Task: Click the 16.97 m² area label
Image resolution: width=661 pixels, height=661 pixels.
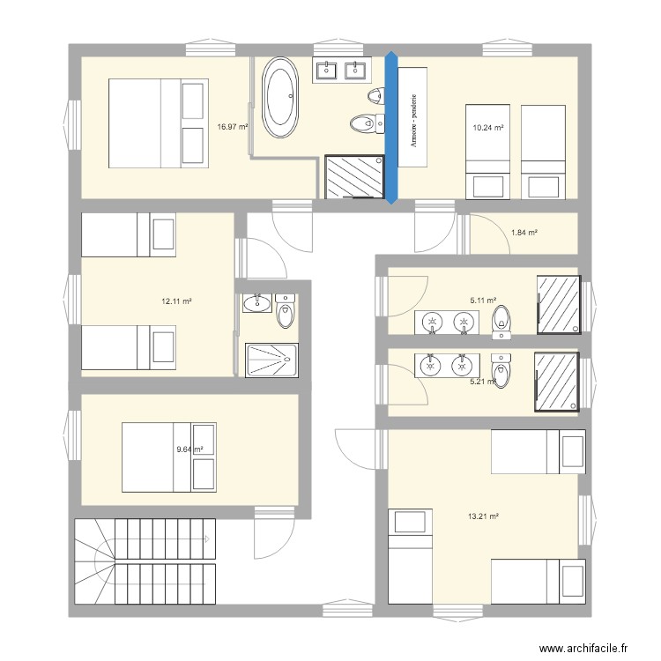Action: coord(233,127)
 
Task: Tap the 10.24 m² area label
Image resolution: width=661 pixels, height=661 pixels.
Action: coord(488,128)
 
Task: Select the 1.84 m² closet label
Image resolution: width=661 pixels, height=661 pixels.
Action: coord(524,233)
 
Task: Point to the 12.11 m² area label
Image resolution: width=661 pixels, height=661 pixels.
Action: coord(176,301)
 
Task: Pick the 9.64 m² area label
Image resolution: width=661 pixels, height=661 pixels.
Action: coord(189,449)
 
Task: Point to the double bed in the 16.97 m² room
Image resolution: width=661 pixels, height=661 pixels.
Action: coord(158,123)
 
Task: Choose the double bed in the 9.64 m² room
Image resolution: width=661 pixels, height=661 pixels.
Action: coord(168,457)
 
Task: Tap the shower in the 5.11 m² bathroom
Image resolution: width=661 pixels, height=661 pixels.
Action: coord(559,305)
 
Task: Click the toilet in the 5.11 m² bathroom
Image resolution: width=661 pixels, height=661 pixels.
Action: coord(501,322)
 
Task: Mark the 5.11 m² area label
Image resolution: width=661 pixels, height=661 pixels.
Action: coord(483,301)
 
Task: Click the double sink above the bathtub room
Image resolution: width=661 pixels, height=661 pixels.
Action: coord(340,70)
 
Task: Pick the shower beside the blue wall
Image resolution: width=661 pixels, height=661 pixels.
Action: coord(354,178)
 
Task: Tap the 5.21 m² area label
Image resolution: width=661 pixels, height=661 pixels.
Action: coord(483,382)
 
